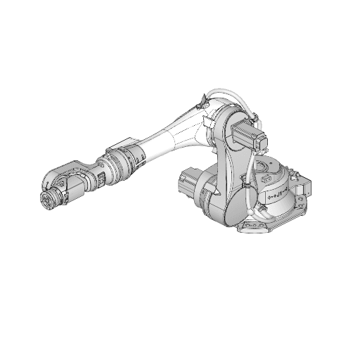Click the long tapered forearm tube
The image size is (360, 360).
click(172, 137)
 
